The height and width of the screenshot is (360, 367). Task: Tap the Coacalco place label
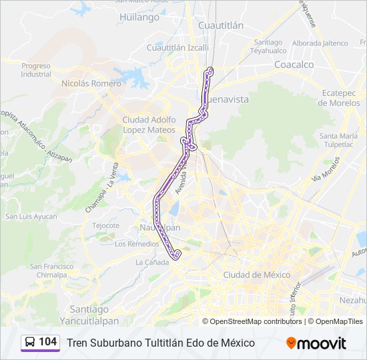(x=294, y=65)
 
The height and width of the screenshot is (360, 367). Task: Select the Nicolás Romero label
(x=91, y=84)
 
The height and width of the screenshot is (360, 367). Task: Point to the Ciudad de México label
(x=256, y=275)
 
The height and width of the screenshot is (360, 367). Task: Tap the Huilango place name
(x=139, y=17)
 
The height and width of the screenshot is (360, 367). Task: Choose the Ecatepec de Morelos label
(x=340, y=98)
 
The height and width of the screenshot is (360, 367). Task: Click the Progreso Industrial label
(x=36, y=70)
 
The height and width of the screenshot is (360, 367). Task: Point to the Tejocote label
(x=105, y=225)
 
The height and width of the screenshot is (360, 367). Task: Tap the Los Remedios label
(x=137, y=244)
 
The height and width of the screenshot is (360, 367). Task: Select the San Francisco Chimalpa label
(x=52, y=271)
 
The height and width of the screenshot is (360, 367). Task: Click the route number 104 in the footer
(x=47, y=342)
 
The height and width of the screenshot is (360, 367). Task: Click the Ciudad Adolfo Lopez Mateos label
(x=149, y=123)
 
